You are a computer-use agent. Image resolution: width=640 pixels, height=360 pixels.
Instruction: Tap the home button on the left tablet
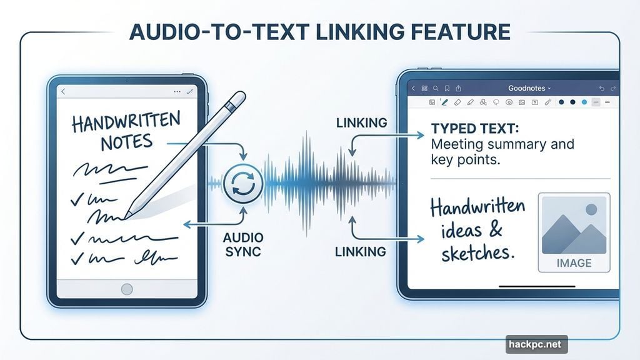[127, 289]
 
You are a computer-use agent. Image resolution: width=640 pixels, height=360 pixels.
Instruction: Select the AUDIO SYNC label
[244, 245]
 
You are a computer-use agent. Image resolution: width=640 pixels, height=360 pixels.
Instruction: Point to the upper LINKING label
[361, 123]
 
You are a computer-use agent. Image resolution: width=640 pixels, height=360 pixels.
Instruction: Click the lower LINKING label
[361, 252]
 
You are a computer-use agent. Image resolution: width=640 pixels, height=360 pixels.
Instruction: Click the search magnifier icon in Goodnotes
[436, 89]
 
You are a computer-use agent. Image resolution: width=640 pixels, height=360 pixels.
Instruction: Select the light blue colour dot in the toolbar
[584, 102]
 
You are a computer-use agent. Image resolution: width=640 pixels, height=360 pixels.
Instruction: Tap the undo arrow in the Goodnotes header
[602, 89]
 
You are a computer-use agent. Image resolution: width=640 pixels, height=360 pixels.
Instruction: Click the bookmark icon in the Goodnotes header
[447, 89]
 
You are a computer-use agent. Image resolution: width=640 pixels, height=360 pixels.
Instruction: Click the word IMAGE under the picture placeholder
[574, 263]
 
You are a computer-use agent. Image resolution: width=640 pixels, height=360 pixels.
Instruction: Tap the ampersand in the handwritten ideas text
[496, 230]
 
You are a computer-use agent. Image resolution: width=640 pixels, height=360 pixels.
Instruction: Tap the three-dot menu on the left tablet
[176, 92]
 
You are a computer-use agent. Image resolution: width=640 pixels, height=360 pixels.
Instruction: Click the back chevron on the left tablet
[63, 92]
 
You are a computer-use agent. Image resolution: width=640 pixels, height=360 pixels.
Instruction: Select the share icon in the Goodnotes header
[458, 89]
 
